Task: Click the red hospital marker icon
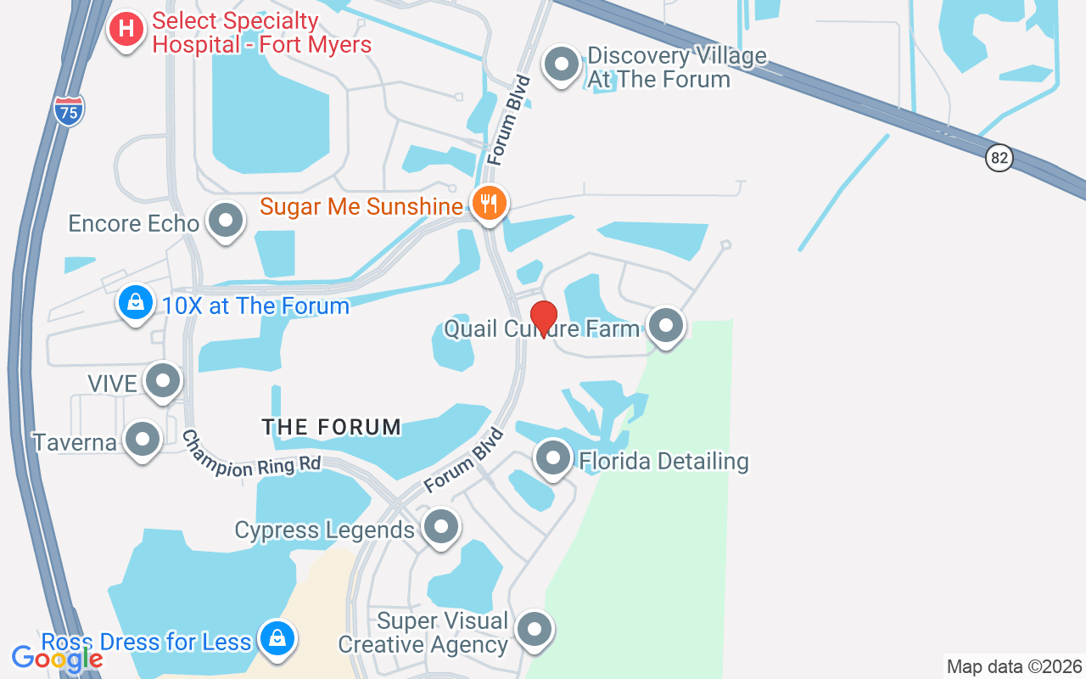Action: [126, 29]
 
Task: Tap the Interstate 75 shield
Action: [70, 111]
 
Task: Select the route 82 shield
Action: [999, 158]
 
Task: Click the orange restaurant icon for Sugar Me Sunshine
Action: [489, 204]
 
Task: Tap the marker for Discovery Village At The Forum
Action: [561, 65]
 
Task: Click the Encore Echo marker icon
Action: [226, 221]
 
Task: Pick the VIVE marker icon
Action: [162, 381]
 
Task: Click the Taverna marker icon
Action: [143, 440]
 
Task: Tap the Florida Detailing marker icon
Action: [553, 458]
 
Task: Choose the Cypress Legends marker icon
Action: [440, 527]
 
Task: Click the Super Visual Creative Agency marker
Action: [535, 630]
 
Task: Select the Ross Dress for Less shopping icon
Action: [277, 638]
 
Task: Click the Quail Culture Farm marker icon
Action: [665, 325]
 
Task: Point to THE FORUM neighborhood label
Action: [331, 427]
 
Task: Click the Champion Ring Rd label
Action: [252, 455]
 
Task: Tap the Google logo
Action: [57, 658]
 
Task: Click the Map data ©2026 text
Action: [1014, 666]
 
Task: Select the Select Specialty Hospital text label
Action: [261, 32]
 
